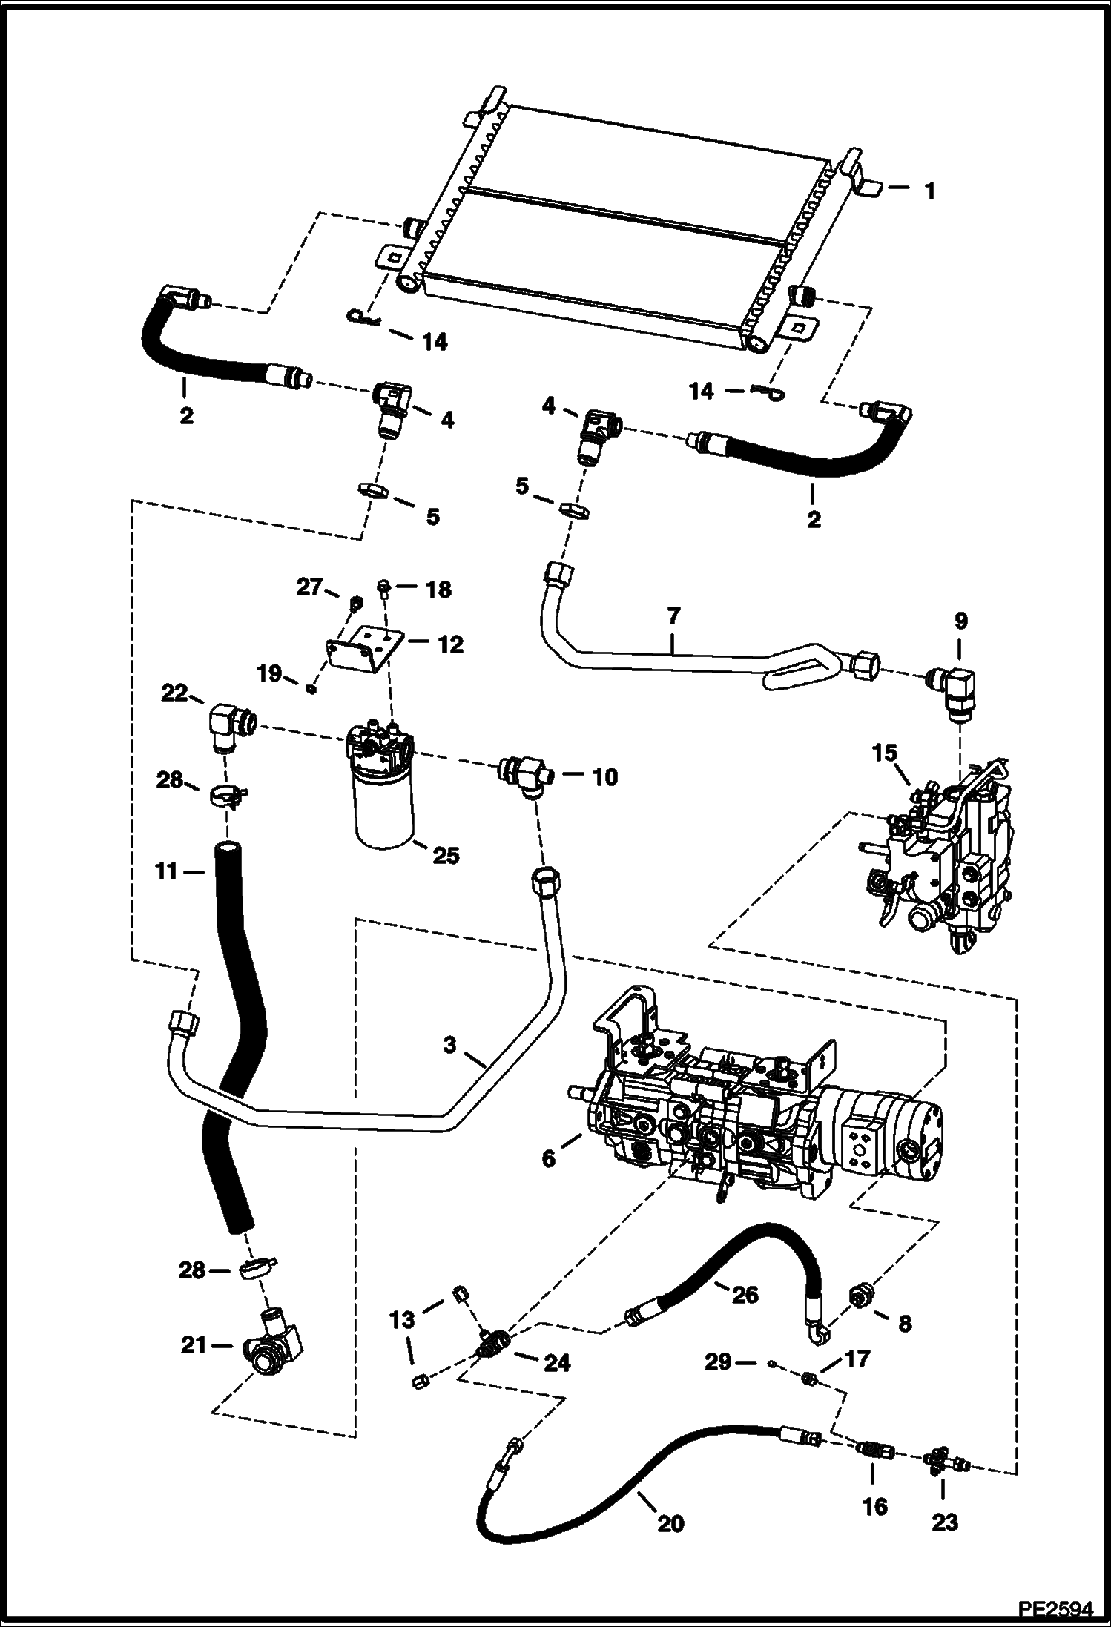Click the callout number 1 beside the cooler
coord(929,191)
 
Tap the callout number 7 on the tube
coord(673,616)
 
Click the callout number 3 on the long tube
coord(449,1046)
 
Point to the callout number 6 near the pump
coord(548,1158)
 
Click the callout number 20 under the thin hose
coord(670,1523)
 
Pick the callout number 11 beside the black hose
coord(166,871)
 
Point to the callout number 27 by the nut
coord(309,587)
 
